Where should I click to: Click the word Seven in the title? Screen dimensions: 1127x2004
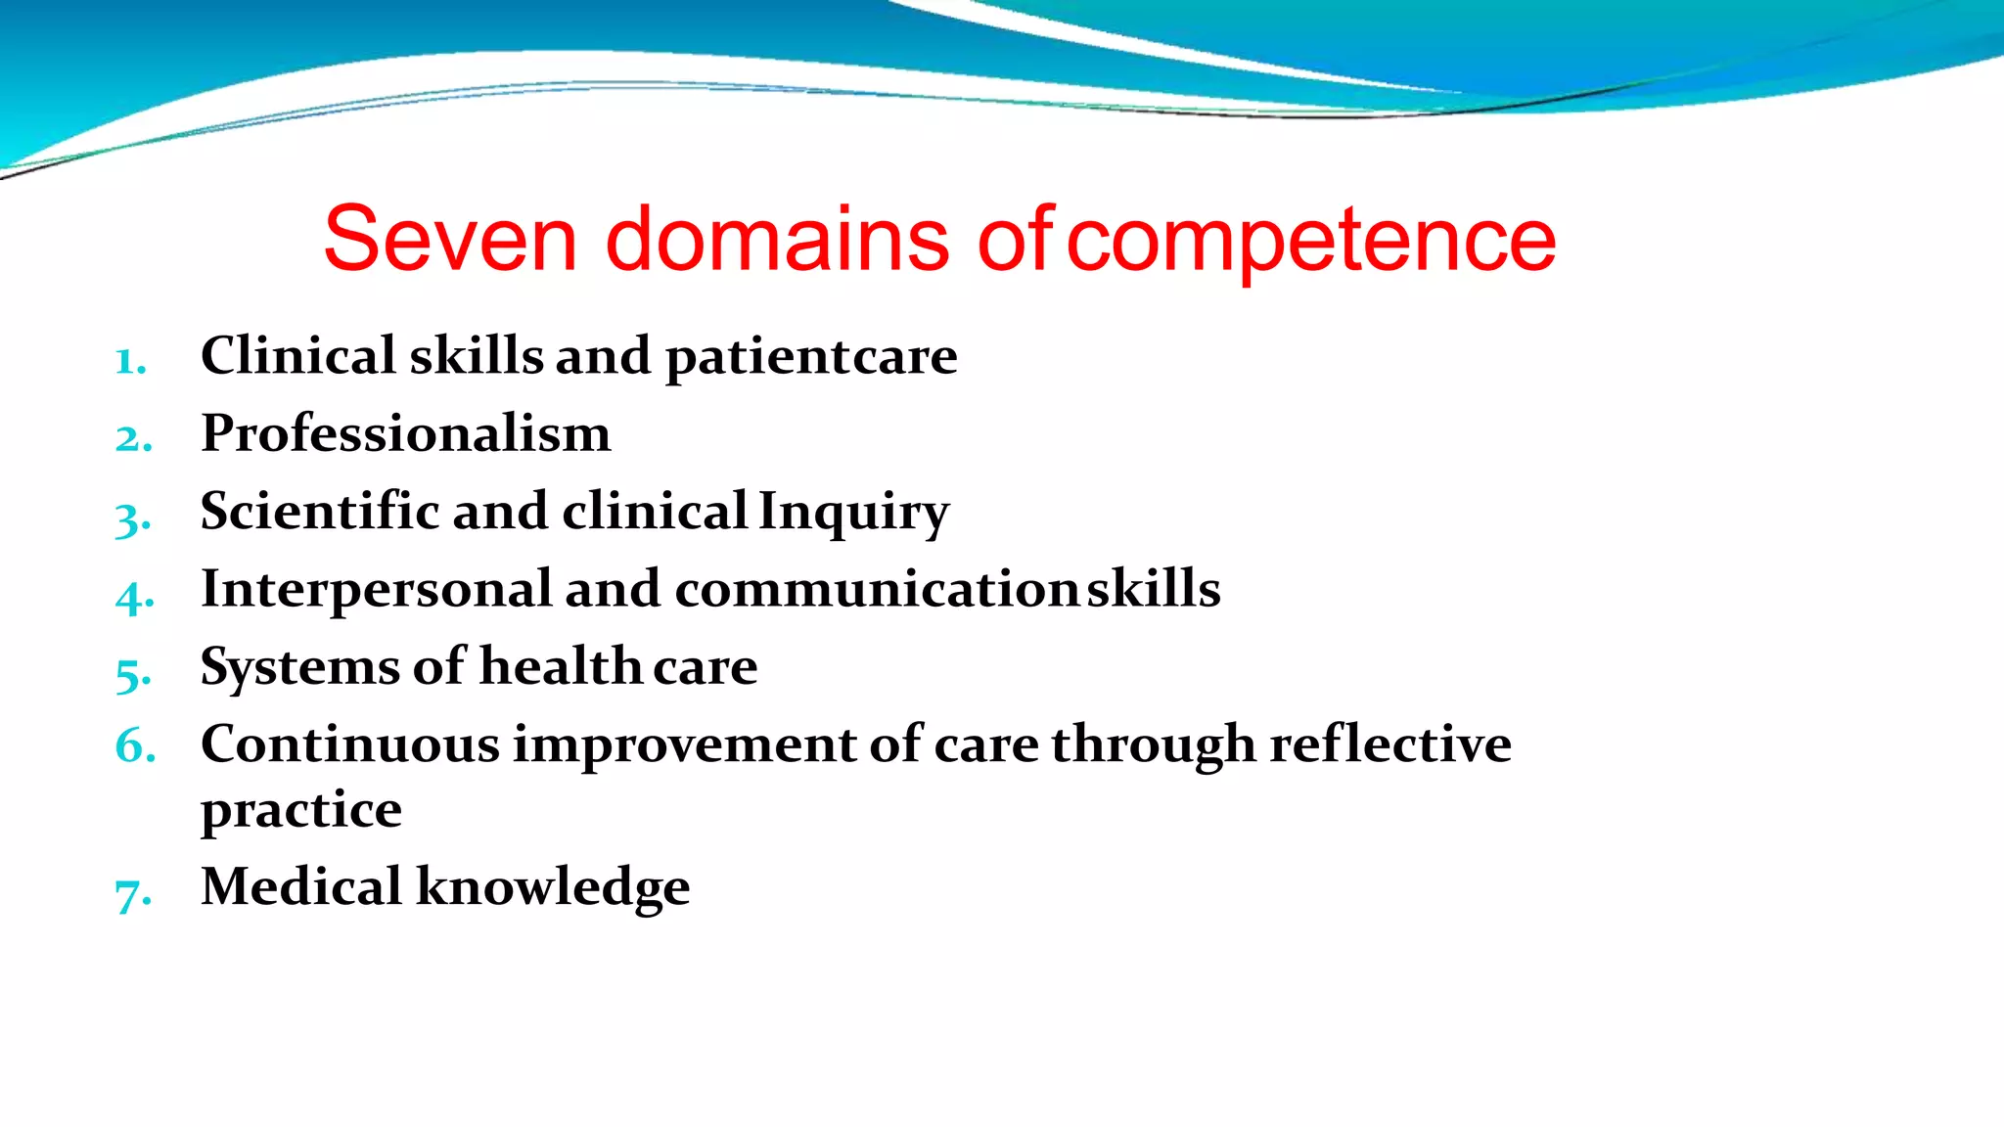coord(450,239)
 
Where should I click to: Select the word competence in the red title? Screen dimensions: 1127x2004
coord(1311,241)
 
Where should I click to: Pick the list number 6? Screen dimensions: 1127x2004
coord(135,746)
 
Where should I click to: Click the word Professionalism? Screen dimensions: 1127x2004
coord(405,433)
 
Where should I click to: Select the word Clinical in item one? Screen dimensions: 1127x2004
coord(297,355)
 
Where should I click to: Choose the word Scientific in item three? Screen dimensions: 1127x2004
coord(318,511)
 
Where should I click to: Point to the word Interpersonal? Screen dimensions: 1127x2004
coord(376,589)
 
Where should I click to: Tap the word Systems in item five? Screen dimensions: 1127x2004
coord(299,668)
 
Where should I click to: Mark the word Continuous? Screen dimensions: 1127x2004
coord(349,744)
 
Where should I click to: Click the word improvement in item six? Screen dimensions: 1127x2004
coord(684,744)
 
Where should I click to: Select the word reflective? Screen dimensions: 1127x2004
coord(1389,744)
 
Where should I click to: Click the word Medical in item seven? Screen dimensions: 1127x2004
coord(300,886)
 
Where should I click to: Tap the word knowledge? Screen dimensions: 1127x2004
coord(553,888)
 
